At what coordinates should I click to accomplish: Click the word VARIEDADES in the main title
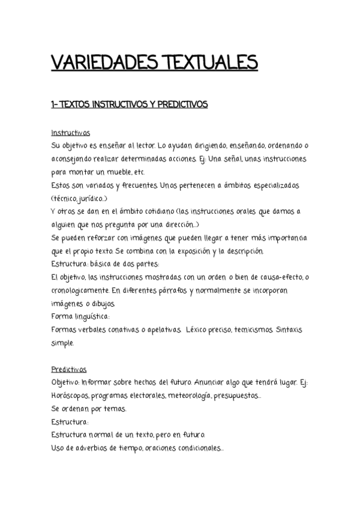(95, 63)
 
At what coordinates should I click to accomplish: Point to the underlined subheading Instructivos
(71, 133)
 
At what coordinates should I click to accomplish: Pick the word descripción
(253, 251)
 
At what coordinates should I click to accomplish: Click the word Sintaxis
(293, 330)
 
